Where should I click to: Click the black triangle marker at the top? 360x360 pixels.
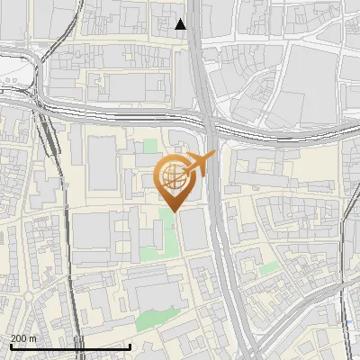pos(181,24)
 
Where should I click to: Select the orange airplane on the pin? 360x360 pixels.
pos(200,163)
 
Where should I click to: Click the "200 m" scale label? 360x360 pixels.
pos(23,337)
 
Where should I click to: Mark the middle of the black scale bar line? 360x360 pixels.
pos(69,346)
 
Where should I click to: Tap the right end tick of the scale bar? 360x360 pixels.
pos(130,346)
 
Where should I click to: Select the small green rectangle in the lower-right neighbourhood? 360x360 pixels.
pos(266,268)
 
